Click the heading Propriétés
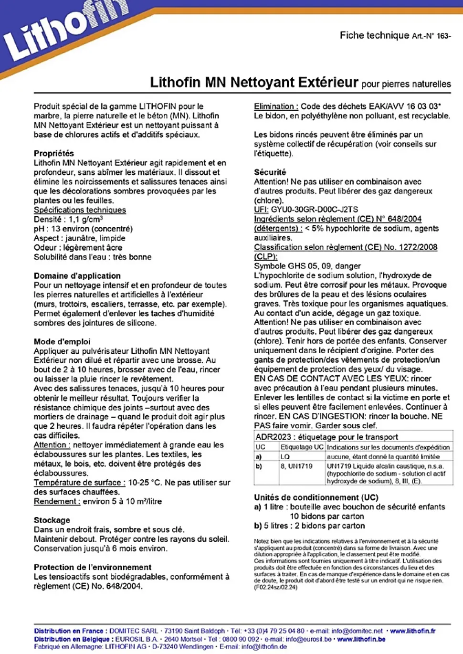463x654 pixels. [53, 153]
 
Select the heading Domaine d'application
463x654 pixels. [77, 275]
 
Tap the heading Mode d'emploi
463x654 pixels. [62, 341]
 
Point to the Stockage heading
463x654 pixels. [52, 520]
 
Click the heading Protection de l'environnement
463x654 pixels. [93, 567]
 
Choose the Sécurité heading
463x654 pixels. [270, 172]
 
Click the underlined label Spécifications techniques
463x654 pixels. [80, 210]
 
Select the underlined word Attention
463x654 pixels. [52, 445]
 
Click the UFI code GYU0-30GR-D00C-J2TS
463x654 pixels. [314, 210]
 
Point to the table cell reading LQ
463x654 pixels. [285, 457]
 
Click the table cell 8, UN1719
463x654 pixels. [296, 466]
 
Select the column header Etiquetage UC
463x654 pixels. [302, 447]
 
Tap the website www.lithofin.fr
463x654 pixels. [412, 631]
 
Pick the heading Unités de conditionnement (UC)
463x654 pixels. [316, 497]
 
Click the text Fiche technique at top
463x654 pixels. [374, 35]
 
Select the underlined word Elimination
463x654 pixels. [275, 106]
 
